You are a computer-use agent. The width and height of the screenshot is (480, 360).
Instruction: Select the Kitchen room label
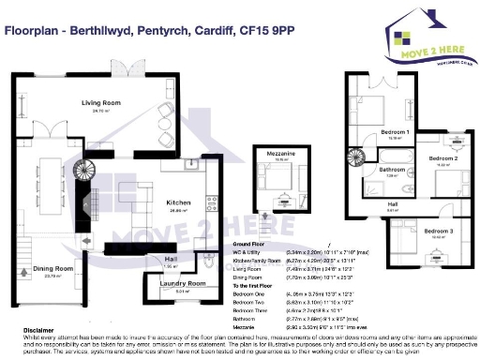tap(180, 202)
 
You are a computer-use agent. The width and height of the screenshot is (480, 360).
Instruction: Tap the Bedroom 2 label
tap(443, 158)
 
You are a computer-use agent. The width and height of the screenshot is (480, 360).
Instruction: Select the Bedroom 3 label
tap(438, 231)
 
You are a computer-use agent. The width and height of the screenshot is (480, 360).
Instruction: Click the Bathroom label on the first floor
tap(392, 169)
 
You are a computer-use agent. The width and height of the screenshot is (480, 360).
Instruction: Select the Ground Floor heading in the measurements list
tap(248, 244)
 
